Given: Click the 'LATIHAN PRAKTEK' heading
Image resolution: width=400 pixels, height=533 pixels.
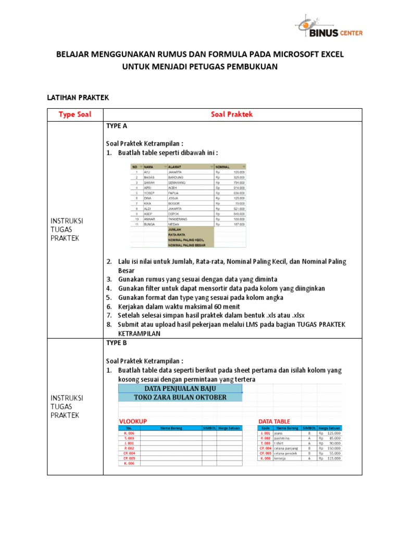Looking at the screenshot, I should click(78, 97).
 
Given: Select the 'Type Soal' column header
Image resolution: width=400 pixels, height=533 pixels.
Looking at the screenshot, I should click(75, 115).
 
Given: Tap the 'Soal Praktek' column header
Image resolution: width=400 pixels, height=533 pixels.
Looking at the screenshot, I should click(232, 115).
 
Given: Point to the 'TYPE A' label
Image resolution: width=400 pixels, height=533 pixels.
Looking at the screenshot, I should click(117, 126).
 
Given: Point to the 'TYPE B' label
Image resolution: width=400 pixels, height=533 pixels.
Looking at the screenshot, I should click(117, 343).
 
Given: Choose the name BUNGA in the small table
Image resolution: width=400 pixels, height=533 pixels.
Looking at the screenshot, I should click(150, 224).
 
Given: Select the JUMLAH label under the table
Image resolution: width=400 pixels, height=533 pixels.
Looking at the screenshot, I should click(174, 229).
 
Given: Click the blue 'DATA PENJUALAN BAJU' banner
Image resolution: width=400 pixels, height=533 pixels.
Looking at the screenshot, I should click(180, 389).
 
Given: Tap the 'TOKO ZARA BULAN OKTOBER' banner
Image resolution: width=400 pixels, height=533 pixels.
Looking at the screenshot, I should click(180, 398).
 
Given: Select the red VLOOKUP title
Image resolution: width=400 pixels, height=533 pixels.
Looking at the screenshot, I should click(133, 421).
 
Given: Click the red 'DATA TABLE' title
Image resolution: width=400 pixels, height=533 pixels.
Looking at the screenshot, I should click(274, 421).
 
